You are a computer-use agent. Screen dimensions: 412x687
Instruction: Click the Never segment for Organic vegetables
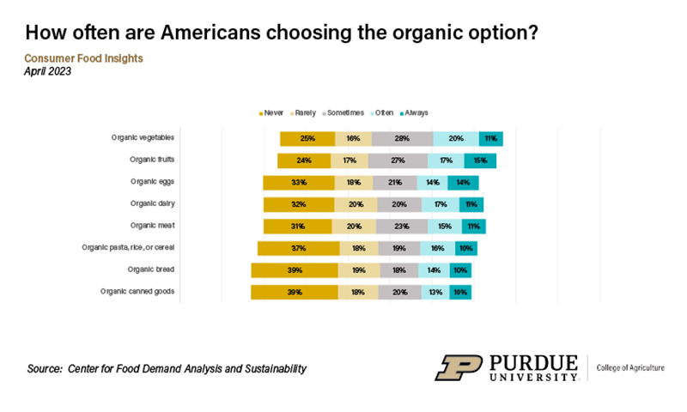[306, 138]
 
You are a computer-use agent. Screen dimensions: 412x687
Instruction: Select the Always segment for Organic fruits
[480, 160]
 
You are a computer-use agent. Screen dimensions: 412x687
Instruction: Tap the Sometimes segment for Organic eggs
[395, 182]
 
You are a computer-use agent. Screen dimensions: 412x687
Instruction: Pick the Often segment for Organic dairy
[440, 204]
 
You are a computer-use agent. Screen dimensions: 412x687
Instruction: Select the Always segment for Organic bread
[460, 270]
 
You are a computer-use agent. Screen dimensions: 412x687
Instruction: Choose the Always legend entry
[416, 112]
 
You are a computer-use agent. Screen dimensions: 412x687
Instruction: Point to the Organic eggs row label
[155, 182]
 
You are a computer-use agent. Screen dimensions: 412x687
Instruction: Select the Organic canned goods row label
[137, 292]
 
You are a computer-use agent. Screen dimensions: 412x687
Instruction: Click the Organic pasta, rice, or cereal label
[129, 248]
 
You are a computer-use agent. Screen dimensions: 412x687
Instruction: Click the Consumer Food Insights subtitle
[83, 58]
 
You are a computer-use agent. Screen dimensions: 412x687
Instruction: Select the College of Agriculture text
[630, 367]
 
